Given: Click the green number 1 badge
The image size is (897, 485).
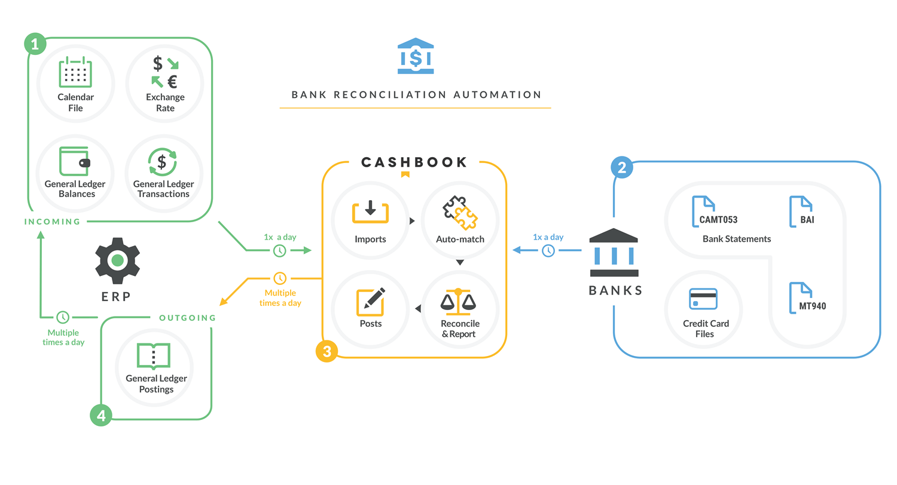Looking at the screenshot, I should (x=35, y=44).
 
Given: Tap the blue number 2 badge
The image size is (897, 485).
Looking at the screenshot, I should (x=622, y=168).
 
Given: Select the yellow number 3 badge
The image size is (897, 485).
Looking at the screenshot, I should (x=327, y=352).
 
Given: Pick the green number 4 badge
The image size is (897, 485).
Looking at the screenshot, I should (x=101, y=415).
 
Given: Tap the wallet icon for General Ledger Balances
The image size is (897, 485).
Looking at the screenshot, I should (x=75, y=161).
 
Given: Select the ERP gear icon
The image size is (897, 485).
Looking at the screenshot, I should (x=117, y=260).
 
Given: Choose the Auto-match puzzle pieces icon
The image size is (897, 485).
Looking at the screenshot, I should (x=459, y=213).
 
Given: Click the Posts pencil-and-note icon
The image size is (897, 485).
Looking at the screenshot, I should (x=370, y=302).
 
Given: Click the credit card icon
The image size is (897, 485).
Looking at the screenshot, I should (x=703, y=299).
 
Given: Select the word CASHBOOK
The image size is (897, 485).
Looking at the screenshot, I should (x=413, y=162).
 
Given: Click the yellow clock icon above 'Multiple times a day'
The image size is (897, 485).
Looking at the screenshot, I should (x=280, y=278).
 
